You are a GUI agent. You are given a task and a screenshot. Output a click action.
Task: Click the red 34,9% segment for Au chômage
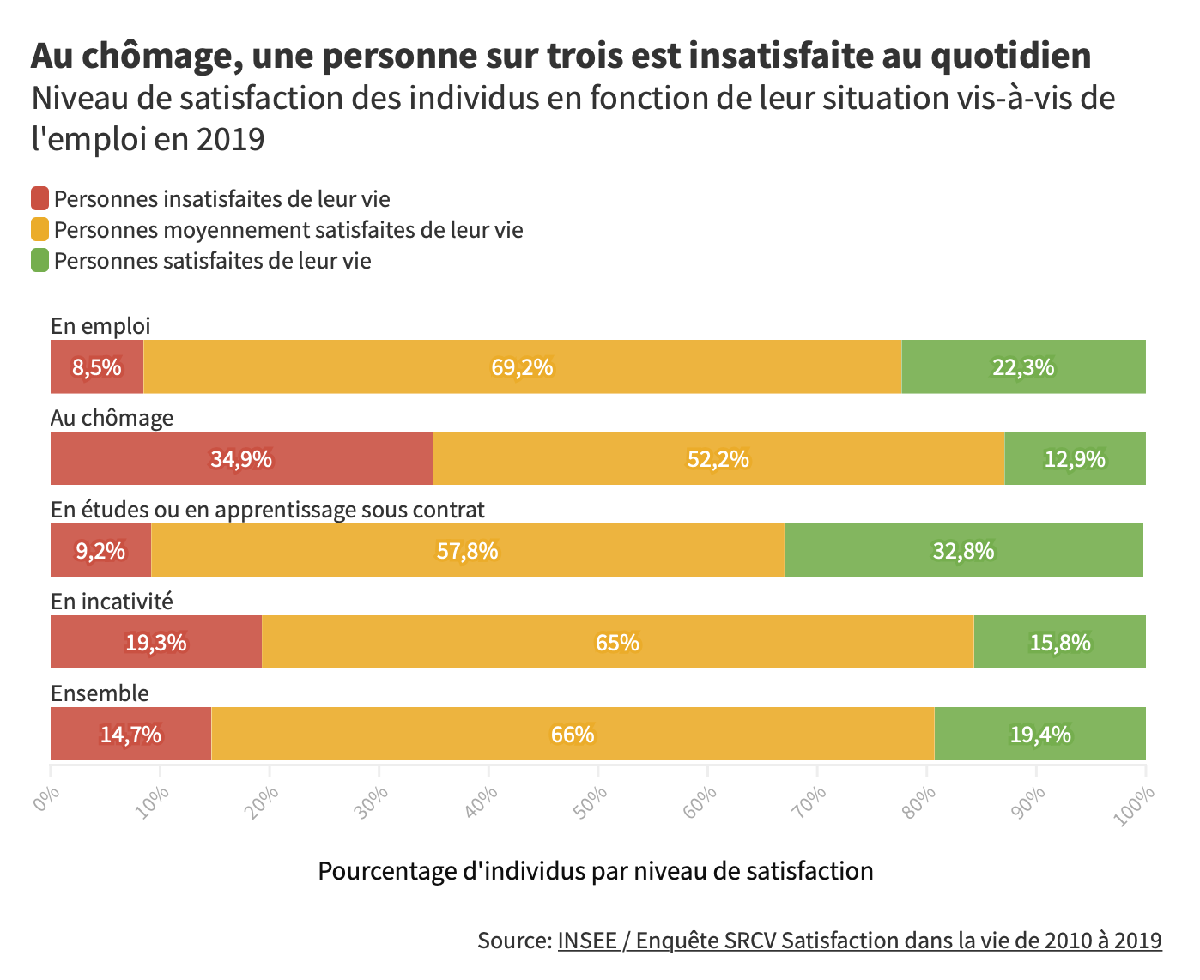pyautogui.click(x=241, y=458)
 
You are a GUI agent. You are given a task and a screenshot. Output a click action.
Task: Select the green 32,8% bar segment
pyautogui.click(x=963, y=550)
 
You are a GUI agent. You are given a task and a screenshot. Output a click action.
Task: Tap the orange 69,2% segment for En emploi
pyautogui.click(x=522, y=366)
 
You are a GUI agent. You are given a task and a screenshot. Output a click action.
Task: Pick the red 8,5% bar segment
pyautogui.click(x=97, y=366)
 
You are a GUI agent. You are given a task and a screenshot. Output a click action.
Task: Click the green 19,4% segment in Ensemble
pyautogui.click(x=1039, y=734)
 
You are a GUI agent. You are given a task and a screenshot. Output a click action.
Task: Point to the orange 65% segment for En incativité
pyautogui.click(x=617, y=642)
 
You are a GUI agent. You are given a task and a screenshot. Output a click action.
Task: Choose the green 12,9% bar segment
pyautogui.click(x=1075, y=458)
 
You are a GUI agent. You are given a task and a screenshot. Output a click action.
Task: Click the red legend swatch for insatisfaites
pyautogui.click(x=40, y=199)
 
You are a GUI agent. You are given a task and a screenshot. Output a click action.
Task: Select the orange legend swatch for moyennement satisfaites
pyautogui.click(x=40, y=230)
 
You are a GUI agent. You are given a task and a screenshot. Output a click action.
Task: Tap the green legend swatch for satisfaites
pyautogui.click(x=40, y=261)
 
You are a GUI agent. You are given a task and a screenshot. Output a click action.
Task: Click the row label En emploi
pyautogui.click(x=100, y=326)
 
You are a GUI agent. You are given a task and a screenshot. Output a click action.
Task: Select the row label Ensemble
pyautogui.click(x=100, y=693)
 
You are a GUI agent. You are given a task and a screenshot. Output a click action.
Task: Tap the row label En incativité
pyautogui.click(x=112, y=602)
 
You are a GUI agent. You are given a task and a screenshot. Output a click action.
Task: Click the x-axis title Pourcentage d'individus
pyautogui.click(x=595, y=871)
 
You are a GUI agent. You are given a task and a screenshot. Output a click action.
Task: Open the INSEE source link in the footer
pyautogui.click(x=859, y=941)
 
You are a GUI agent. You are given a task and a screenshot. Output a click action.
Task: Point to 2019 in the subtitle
pyautogui.click(x=230, y=139)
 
